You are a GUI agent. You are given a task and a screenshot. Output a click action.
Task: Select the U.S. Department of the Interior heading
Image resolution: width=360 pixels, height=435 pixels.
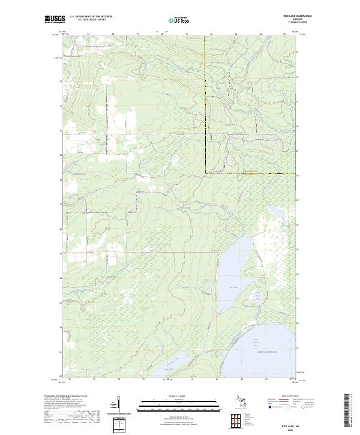point(91,16)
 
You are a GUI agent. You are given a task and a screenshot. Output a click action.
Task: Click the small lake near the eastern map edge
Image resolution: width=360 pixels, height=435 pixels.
point(276,212)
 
